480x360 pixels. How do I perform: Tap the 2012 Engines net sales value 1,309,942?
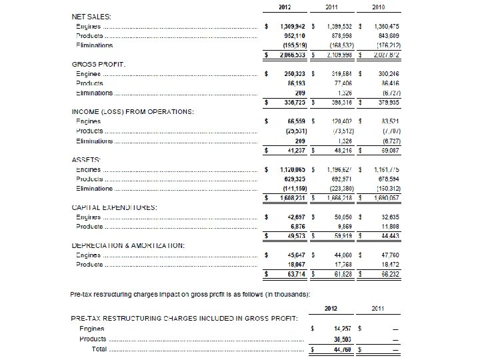291,25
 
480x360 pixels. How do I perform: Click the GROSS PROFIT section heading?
99,63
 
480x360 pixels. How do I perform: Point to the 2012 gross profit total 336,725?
291,103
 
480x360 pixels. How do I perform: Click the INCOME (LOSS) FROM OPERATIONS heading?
133,111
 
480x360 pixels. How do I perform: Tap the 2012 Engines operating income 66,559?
294,121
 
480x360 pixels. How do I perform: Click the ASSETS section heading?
86,160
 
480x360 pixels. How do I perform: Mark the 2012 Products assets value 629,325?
291,179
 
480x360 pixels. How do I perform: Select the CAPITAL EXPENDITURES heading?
114,207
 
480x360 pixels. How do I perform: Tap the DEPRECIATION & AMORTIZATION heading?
128,245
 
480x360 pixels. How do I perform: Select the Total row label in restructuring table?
99,349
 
